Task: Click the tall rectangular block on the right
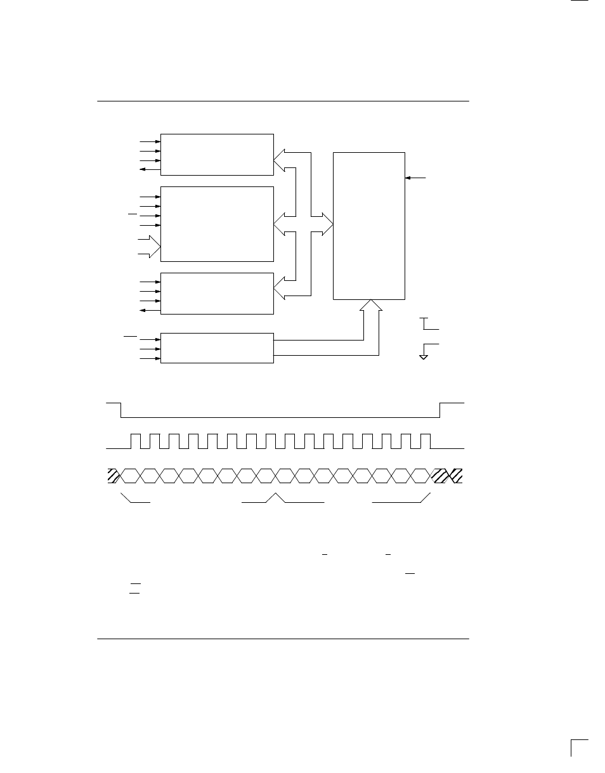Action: coord(369,225)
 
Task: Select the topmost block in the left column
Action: coord(217,154)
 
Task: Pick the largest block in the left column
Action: coord(217,223)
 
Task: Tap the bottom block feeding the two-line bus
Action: coord(217,348)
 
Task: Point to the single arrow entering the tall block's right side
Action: coord(416,178)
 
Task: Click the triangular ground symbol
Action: coord(423,357)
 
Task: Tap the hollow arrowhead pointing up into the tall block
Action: coord(371,305)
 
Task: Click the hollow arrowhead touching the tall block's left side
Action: coord(327,223)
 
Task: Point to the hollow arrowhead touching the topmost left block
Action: coord(280,162)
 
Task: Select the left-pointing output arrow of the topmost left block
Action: coord(148,170)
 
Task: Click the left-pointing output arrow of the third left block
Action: coord(148,310)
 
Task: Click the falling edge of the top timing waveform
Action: coord(120,410)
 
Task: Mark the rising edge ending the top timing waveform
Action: coord(440,410)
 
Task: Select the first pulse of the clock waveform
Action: coord(136,441)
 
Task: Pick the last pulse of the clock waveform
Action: coord(426,441)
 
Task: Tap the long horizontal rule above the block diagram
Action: coord(283,101)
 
